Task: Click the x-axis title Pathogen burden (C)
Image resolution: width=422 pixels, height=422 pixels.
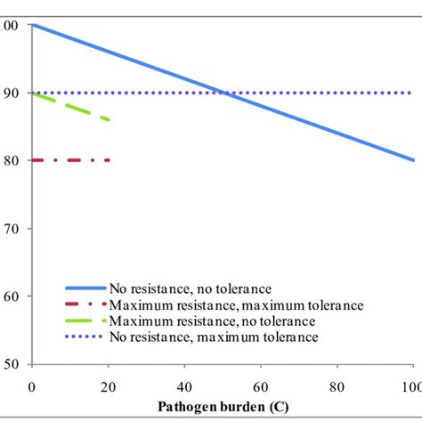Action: click(223, 408)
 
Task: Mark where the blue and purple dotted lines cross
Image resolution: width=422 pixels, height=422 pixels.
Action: click(223, 93)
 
